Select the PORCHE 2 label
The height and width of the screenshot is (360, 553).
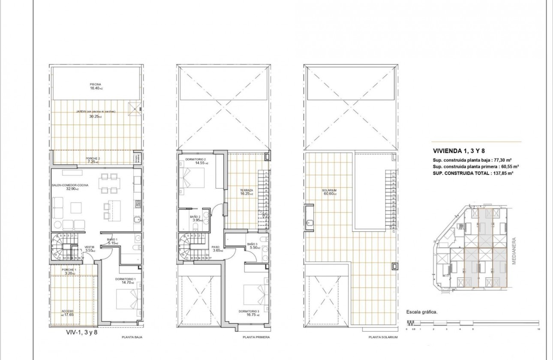92,158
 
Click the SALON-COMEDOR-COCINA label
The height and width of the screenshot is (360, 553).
69,186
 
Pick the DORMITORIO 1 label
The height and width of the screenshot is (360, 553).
126,279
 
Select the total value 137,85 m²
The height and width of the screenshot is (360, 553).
502,173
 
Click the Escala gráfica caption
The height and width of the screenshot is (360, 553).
421,312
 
